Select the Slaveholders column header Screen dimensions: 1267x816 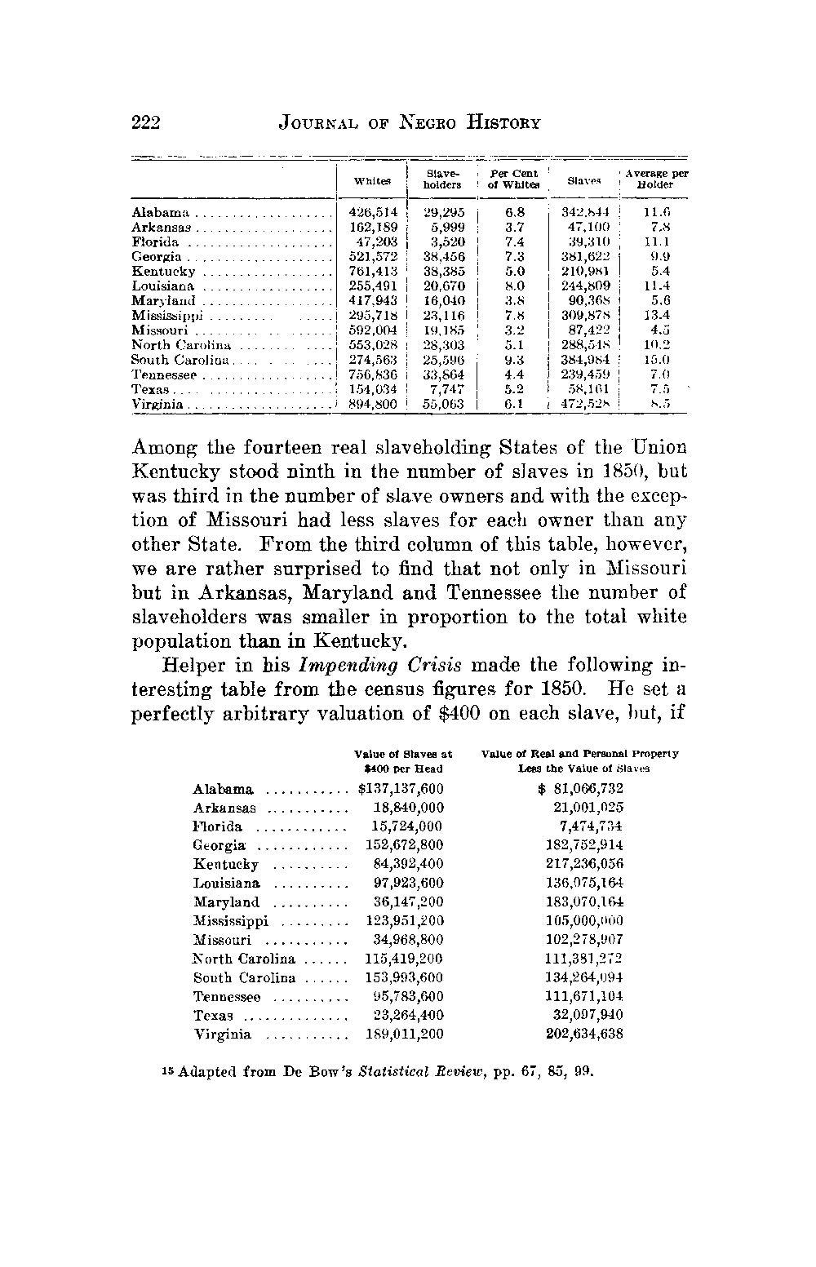(x=443, y=179)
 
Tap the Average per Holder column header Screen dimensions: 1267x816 (x=656, y=179)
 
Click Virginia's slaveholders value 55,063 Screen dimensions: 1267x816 (x=444, y=404)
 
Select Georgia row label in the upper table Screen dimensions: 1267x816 (x=157, y=257)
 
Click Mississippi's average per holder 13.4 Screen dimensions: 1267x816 (x=656, y=316)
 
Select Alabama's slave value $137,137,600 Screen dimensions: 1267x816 (x=401, y=789)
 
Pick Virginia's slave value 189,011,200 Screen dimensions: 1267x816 (x=404, y=1034)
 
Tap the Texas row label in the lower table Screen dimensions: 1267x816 (x=214, y=1016)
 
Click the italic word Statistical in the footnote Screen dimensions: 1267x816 (x=395, y=1071)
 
